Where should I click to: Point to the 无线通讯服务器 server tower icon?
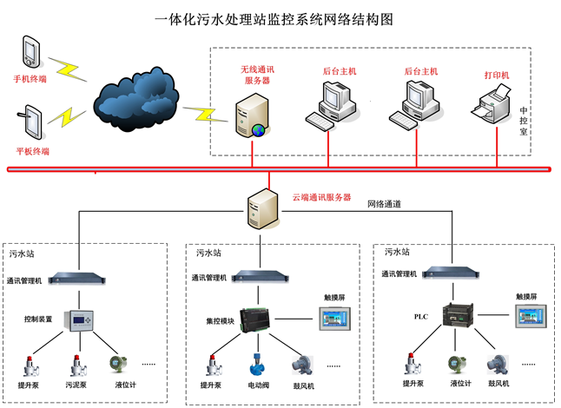pyautogui.click(x=254, y=114)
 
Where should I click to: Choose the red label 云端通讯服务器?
pyautogui.click(x=321, y=198)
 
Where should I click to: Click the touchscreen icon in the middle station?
pyautogui.click(x=333, y=321)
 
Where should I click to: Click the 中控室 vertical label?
pyautogui.click(x=524, y=122)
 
